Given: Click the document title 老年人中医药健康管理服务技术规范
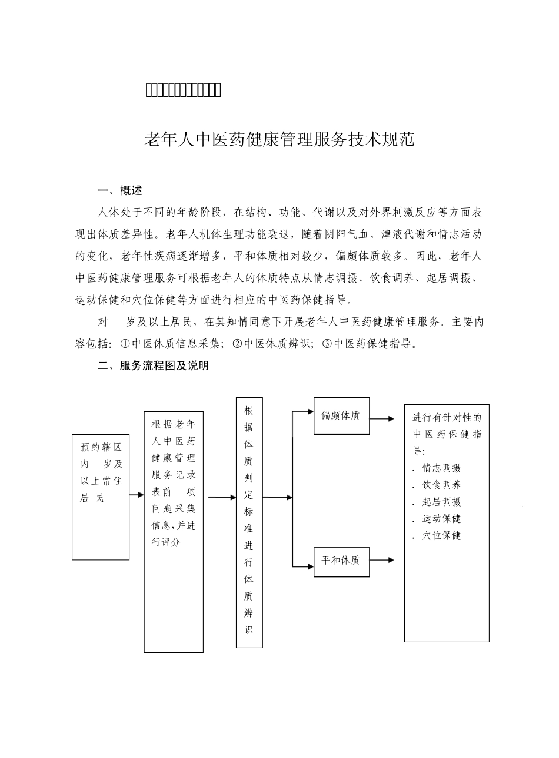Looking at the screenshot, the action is (x=279, y=140).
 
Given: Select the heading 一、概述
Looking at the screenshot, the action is (x=119, y=191).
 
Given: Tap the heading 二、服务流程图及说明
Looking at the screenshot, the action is (x=152, y=365).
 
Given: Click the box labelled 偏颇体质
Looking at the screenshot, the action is (x=341, y=415).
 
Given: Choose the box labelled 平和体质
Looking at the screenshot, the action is (x=341, y=560).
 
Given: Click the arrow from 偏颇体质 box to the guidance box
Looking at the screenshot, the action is (x=382, y=419).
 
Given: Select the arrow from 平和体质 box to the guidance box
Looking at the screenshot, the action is (x=382, y=560).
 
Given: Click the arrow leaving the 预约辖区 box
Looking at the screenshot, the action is (x=137, y=495).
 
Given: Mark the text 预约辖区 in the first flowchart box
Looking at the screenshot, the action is (x=101, y=447).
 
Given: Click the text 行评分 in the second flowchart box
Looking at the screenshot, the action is (x=166, y=542).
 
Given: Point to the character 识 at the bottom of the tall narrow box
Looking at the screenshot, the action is (x=249, y=630).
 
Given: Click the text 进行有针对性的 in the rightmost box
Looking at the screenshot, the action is (x=447, y=418).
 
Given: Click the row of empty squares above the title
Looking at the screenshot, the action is (x=182, y=90).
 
